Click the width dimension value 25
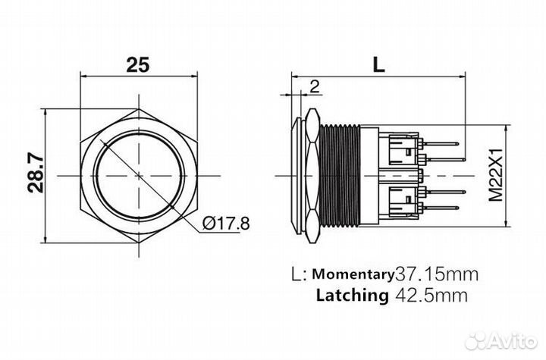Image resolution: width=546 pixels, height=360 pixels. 138,64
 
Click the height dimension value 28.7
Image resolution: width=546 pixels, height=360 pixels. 36,174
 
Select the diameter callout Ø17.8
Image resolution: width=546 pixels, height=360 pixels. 226,223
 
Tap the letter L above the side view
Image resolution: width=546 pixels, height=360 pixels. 378,64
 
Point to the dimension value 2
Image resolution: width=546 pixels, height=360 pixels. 315,86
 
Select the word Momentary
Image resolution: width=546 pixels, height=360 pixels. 353,274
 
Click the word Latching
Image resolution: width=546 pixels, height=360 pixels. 352,296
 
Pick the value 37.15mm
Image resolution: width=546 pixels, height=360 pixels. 437,274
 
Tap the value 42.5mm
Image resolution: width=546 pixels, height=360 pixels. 431,296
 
